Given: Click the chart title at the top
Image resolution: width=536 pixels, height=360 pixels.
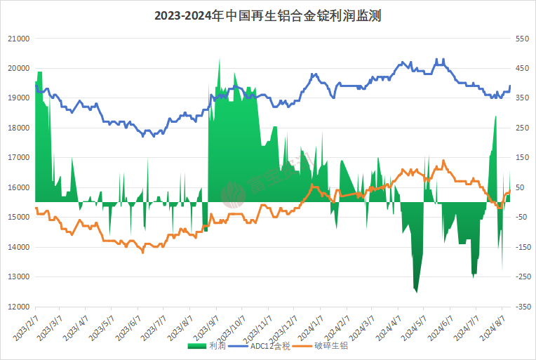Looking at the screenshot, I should tap(267, 15).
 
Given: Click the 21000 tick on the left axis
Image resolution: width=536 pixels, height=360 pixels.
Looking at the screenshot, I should tap(18, 39).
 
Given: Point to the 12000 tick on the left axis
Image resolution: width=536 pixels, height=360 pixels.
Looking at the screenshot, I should tap(18, 307).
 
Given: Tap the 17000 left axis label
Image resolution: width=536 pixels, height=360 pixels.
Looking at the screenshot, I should tap(18, 158).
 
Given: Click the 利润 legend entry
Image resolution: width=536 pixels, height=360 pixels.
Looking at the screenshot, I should tap(208, 346).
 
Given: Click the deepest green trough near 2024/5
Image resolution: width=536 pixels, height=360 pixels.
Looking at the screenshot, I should tap(416, 291).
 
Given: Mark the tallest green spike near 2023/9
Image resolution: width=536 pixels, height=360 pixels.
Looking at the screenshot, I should tap(219, 59).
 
